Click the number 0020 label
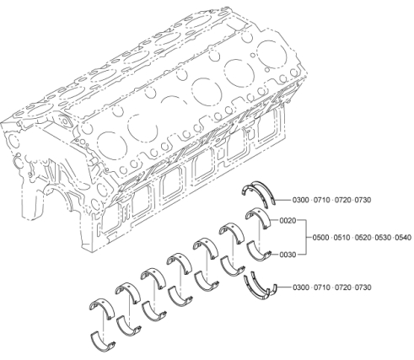pos(288,221)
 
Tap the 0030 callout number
pos(288,255)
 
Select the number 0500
pos(321,238)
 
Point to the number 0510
pos(341,238)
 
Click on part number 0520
pos(363,238)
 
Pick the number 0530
pos(384,238)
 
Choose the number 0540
pos(403,238)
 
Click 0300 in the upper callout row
pos(301,200)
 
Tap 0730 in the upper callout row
pos(363,200)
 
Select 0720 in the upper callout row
pos(342,200)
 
